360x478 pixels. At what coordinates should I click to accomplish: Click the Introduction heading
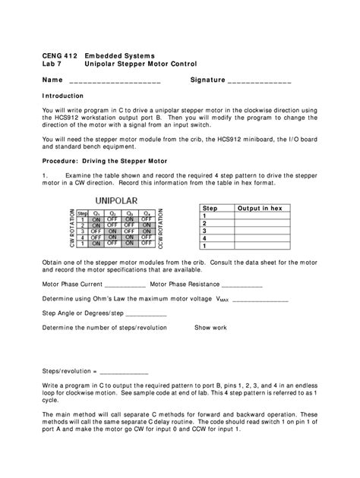(x=63, y=97)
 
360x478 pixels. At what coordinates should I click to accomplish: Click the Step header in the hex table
(x=209, y=208)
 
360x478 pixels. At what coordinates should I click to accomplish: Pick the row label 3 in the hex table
(x=204, y=231)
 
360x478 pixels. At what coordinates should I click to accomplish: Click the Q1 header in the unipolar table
(x=96, y=213)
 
